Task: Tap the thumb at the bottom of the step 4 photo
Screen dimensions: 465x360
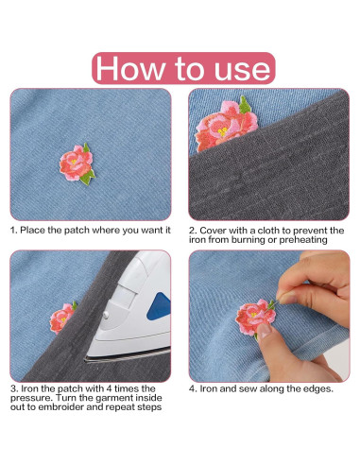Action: tap(312, 364)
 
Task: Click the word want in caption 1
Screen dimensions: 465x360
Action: tap(141, 230)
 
